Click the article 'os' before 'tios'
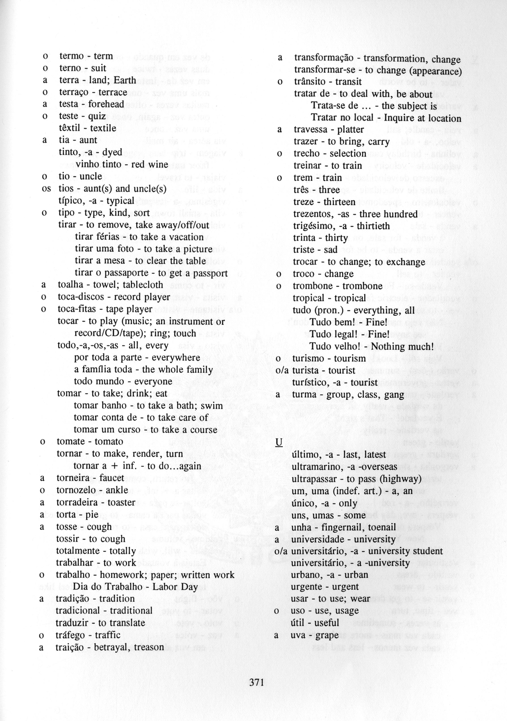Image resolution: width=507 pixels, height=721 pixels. (46, 188)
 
